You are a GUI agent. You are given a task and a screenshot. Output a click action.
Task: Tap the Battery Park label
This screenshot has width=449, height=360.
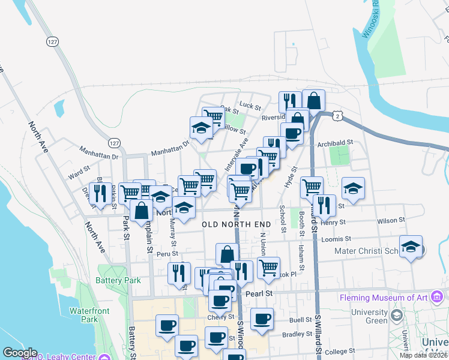point(118,280)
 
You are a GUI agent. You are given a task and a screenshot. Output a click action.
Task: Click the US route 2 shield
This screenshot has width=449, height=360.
point(339,115)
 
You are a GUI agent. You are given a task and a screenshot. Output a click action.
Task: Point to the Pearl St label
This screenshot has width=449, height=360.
point(259,293)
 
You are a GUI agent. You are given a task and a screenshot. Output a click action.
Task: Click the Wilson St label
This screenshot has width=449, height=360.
point(391,221)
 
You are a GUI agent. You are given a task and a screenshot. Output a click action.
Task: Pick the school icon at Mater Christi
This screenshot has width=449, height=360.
point(411,247)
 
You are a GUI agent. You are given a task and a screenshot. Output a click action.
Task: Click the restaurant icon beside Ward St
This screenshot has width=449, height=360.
point(100,193)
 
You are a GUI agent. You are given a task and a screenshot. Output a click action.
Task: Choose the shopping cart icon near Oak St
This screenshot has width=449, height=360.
point(213,117)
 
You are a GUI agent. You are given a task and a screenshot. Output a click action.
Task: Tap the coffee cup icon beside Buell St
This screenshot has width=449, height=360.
point(261,319)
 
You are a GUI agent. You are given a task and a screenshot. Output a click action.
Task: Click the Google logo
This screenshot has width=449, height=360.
point(20,353)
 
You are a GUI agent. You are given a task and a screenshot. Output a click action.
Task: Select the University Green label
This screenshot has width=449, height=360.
point(369,316)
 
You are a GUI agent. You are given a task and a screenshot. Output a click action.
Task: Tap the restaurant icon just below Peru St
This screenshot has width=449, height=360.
point(179,273)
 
